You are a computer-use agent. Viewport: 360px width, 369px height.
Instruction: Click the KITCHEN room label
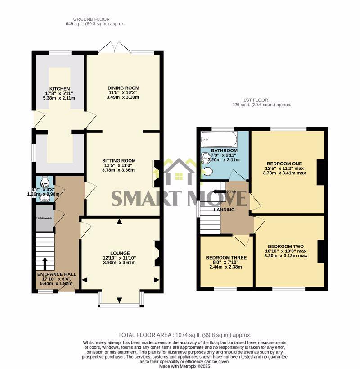[x=59, y=89]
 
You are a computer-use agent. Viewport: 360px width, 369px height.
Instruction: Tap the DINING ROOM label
[x=123, y=88]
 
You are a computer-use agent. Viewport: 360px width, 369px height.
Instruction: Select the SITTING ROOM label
[x=119, y=161]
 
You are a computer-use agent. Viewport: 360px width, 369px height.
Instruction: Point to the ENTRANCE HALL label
[x=57, y=274]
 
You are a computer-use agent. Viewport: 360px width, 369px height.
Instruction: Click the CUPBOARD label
[x=45, y=219]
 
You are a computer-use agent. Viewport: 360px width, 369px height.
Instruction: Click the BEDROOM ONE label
[x=284, y=164]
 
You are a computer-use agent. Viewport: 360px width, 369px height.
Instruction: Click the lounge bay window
[x=120, y=303]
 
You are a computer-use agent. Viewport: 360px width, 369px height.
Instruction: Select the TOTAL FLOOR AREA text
[x=184, y=335]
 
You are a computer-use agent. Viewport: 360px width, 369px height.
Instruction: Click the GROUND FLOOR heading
[x=95, y=19]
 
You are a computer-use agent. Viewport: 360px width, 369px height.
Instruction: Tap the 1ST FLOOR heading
[x=258, y=100]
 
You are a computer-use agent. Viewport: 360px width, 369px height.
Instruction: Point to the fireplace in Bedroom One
[x=321, y=172]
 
